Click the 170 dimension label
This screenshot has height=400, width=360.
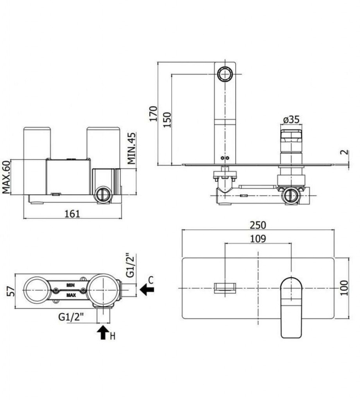(153, 114)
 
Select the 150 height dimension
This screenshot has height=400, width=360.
(167, 120)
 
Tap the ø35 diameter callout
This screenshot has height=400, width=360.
(291, 119)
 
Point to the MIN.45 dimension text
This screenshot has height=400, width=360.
(132, 148)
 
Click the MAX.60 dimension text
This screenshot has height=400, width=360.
(6, 177)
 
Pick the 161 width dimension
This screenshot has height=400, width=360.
(72, 214)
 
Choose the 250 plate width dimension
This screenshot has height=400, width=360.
(258, 225)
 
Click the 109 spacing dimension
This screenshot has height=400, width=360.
(258, 239)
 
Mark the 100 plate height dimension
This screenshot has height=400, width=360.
(344, 288)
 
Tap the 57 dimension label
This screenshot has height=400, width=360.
(11, 291)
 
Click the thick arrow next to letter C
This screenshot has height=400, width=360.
(147, 289)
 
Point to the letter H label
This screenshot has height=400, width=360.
(113, 336)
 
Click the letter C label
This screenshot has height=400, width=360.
(151, 280)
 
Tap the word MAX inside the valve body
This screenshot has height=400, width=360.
(71, 295)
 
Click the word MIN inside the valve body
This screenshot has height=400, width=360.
(70, 285)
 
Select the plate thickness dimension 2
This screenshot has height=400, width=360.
(344, 152)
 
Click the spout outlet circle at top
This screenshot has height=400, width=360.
(225, 74)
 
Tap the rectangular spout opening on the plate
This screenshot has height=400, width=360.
(225, 288)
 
